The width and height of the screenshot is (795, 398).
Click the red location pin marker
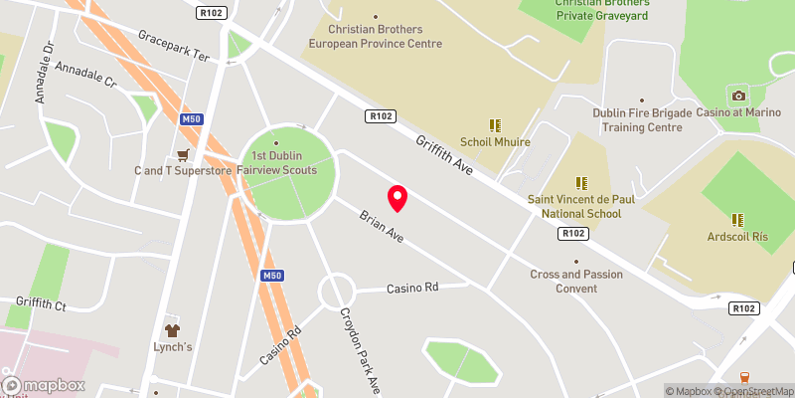point(397,198)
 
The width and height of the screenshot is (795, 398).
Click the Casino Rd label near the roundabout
point(411,289)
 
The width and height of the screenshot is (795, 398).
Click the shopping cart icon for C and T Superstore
point(183,155)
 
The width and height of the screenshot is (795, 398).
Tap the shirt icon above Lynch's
point(172,329)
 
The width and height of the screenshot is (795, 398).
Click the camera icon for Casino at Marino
point(737,96)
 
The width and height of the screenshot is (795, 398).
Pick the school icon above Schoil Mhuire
point(495,125)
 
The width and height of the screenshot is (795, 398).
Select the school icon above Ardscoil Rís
point(737,219)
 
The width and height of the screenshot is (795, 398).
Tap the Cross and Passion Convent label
point(576,282)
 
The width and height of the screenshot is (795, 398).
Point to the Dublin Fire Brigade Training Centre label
point(642,120)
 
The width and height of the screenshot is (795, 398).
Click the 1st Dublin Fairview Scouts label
point(284,163)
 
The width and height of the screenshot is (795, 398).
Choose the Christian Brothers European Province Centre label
point(375,38)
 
